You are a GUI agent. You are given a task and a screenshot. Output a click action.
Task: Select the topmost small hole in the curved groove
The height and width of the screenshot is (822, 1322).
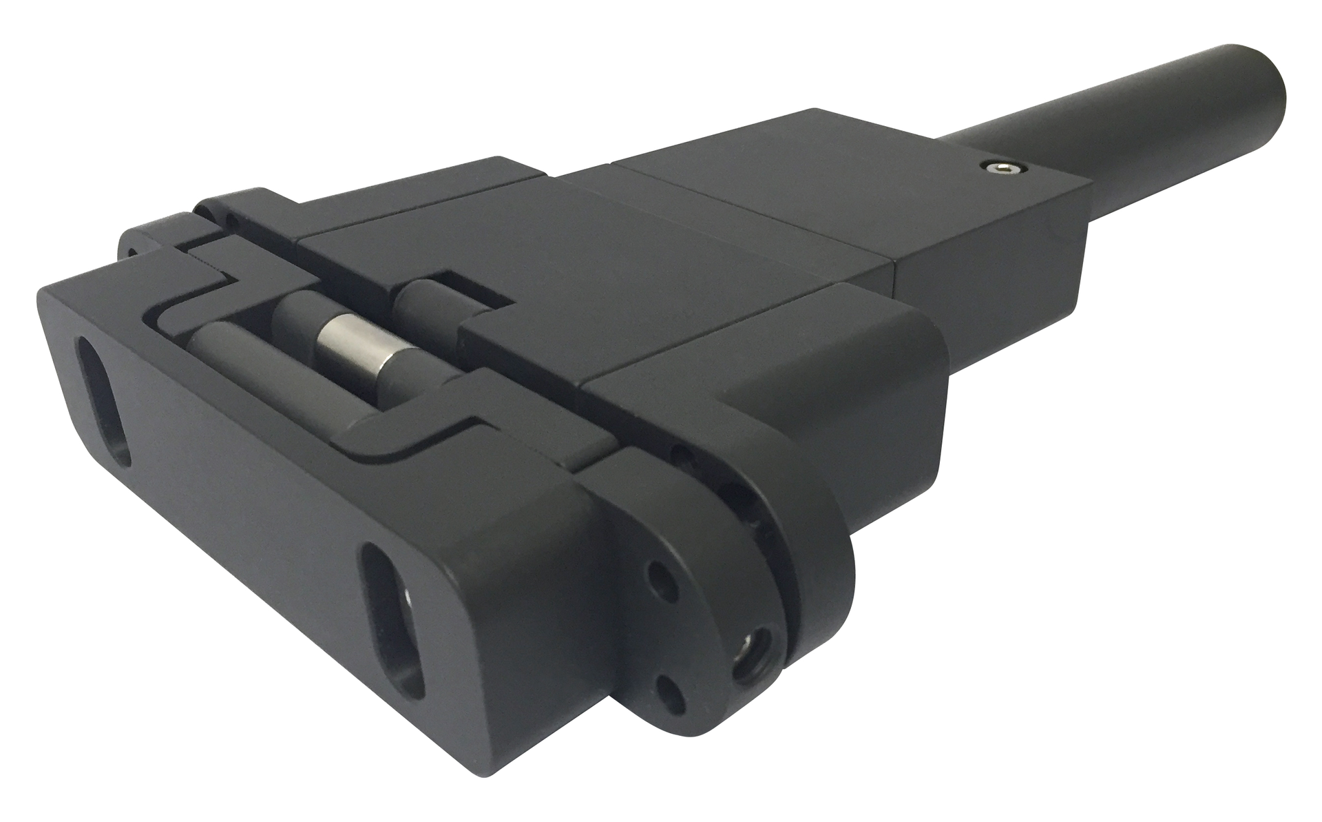click(682, 455)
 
